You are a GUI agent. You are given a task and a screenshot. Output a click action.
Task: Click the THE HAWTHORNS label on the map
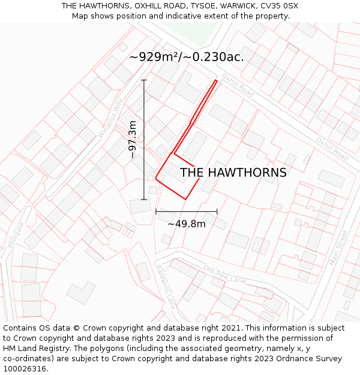(x=233, y=173)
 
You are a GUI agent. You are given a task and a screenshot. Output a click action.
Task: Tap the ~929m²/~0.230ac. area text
(x=186, y=57)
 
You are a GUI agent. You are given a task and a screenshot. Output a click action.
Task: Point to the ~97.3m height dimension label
(x=133, y=139)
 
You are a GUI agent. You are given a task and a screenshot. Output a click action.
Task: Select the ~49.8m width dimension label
(x=186, y=224)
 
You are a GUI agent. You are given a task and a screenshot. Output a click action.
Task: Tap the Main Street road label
(x=339, y=247)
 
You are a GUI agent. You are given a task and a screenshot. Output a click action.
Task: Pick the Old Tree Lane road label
(x=224, y=275)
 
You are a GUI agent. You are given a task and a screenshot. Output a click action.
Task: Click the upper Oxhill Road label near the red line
(x=237, y=86)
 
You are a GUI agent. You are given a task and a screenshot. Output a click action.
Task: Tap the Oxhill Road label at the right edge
(x=332, y=148)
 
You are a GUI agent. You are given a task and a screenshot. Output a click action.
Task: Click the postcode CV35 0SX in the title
(x=280, y=6)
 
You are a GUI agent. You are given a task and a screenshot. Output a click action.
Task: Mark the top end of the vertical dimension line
(x=144, y=80)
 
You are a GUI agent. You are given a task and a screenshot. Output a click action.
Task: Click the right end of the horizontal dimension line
(x=217, y=211)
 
